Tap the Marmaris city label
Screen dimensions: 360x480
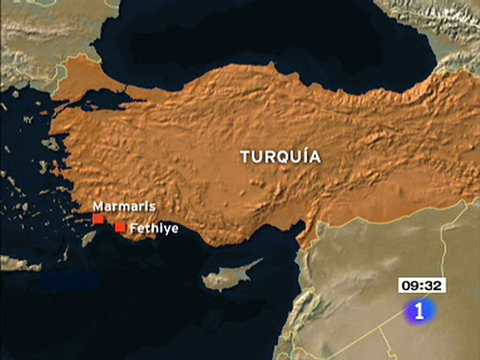point(124,207)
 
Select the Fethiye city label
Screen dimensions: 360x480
point(154,229)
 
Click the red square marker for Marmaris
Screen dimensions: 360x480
point(98,219)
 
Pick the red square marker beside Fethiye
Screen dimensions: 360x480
point(120,227)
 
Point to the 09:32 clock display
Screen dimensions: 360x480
point(422,285)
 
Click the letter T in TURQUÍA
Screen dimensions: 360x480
point(246,157)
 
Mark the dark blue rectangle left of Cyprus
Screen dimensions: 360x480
point(70,281)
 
